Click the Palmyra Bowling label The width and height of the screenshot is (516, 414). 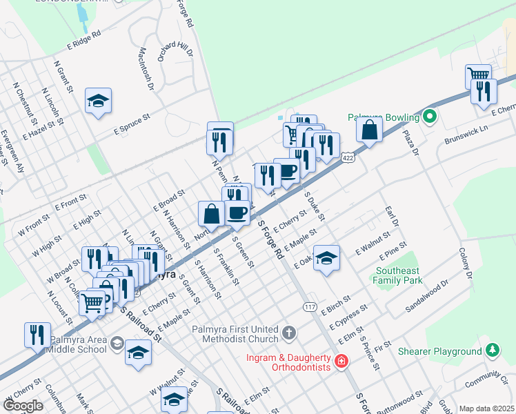click(x=384, y=117)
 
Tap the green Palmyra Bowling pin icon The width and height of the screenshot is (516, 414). click(x=431, y=117)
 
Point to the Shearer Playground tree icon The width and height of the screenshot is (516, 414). click(x=492, y=351)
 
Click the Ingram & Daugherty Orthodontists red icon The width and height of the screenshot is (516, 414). click(x=340, y=362)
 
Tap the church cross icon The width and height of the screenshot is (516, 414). click(x=289, y=334)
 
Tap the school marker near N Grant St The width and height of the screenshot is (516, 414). click(x=99, y=101)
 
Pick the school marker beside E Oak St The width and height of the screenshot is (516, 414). click(x=327, y=258)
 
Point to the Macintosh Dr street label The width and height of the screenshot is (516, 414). click(x=146, y=69)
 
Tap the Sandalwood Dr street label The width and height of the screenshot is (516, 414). click(x=427, y=297)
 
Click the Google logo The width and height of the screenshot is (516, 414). click(x=23, y=406)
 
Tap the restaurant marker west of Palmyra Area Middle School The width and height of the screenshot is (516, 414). click(x=37, y=335)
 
